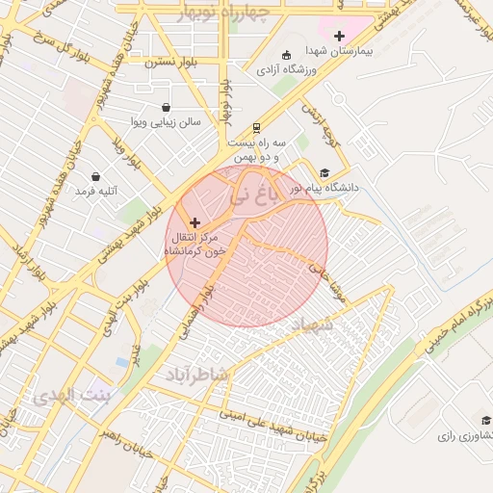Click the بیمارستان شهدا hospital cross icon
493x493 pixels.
click(339, 37)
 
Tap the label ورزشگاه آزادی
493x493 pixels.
click(290, 69)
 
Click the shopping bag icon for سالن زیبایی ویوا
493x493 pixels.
click(168, 107)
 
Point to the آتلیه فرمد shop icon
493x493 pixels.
click(95, 176)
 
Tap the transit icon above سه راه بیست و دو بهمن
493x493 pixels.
click(256, 127)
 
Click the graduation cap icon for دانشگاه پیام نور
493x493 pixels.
click(324, 173)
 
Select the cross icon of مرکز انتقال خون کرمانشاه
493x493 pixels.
click(195, 222)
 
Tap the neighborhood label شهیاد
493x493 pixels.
click(308, 325)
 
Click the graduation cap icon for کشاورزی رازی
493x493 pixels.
click(485, 420)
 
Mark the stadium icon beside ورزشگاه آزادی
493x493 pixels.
click(285, 54)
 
